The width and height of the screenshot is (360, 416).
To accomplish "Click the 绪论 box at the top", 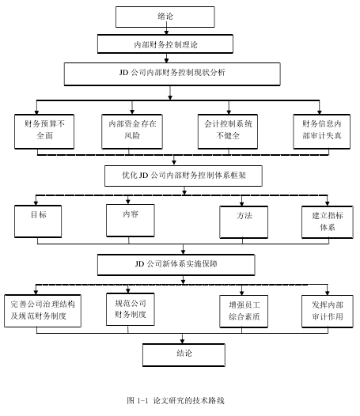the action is point(165,17).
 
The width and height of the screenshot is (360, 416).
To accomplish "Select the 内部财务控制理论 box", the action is point(165,44).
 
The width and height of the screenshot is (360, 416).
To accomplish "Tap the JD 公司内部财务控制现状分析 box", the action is point(172,74).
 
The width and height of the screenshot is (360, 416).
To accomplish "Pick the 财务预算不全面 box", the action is point(44,131).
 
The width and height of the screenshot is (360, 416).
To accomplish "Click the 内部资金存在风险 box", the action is point(132,131).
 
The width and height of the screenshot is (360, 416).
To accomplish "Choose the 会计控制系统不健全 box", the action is point(228,131).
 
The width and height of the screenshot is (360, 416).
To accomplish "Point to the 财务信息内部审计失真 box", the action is point(322,131).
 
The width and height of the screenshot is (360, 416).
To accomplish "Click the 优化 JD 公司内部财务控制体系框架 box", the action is point(184,176).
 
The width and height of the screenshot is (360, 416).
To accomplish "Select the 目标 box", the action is point(38,221).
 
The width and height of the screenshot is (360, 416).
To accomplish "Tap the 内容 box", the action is point(131,221).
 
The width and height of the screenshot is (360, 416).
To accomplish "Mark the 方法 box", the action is point(244,222).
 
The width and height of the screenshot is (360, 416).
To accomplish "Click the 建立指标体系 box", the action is point(328,222).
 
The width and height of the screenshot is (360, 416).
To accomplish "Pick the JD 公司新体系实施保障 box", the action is point(176,265).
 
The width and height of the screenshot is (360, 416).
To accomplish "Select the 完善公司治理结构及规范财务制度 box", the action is point(43,311).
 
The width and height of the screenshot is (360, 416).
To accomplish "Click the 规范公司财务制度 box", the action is point(131,309).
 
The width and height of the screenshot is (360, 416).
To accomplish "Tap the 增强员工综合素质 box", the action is point(244,311).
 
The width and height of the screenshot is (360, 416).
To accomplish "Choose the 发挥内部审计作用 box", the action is point(328,311).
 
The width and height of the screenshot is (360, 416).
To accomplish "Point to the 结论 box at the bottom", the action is point(184,355).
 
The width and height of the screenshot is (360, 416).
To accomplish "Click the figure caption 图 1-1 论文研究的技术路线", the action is point(176,400).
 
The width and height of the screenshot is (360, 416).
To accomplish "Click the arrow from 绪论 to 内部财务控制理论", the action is point(166,28).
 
